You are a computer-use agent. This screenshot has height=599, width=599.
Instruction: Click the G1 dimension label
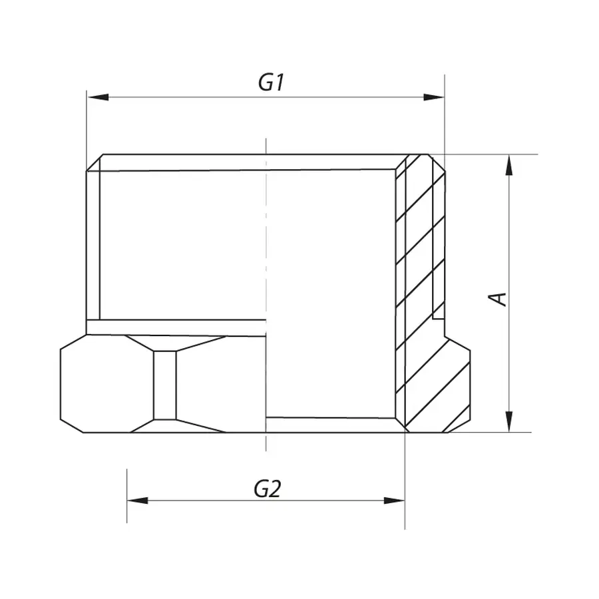click(272, 83)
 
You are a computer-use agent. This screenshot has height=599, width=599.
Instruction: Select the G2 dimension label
click(268, 489)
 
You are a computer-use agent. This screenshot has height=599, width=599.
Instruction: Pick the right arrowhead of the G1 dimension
click(434, 98)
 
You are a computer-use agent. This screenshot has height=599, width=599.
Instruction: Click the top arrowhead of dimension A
click(509, 166)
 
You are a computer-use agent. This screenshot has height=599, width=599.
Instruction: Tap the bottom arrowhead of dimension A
click(509, 421)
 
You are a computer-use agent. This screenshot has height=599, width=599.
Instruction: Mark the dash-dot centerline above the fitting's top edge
click(266, 146)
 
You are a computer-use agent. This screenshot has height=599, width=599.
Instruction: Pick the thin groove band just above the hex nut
click(176, 327)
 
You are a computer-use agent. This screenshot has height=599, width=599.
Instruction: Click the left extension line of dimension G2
click(127, 493)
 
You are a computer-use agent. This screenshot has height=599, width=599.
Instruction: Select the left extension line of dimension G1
click(87, 126)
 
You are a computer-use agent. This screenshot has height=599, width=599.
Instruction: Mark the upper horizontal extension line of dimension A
click(493, 154)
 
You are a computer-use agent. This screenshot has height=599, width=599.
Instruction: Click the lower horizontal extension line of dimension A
click(493, 432)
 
